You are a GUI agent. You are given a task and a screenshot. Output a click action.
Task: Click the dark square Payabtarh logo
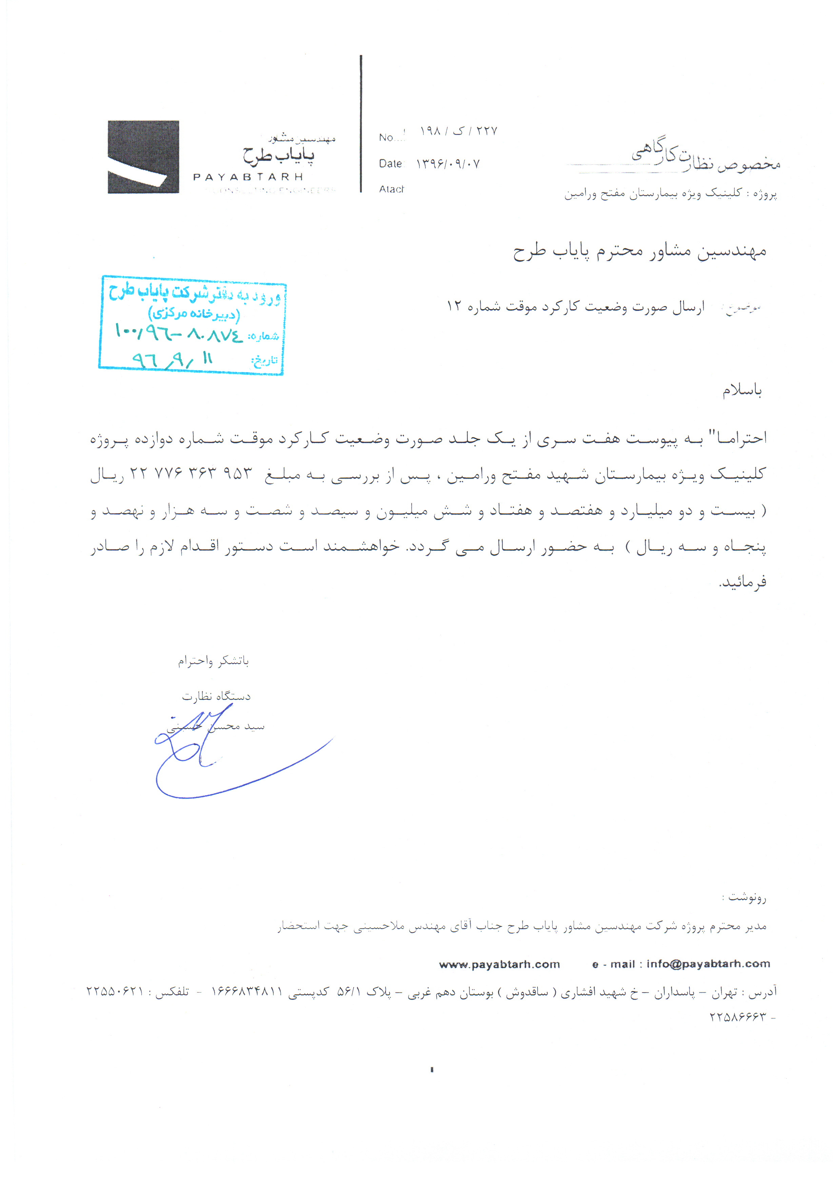(x=143, y=157)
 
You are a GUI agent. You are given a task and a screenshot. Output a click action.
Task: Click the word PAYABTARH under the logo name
(x=248, y=177)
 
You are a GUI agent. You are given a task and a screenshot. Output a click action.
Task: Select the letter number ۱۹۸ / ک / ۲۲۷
(x=458, y=131)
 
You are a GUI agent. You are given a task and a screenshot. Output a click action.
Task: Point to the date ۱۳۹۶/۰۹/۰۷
(x=448, y=164)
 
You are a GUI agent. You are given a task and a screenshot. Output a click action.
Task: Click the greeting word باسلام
(x=741, y=391)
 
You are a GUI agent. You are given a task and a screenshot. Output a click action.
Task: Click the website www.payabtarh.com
(x=499, y=964)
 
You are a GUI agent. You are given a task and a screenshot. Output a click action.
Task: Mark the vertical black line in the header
(x=361, y=123)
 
